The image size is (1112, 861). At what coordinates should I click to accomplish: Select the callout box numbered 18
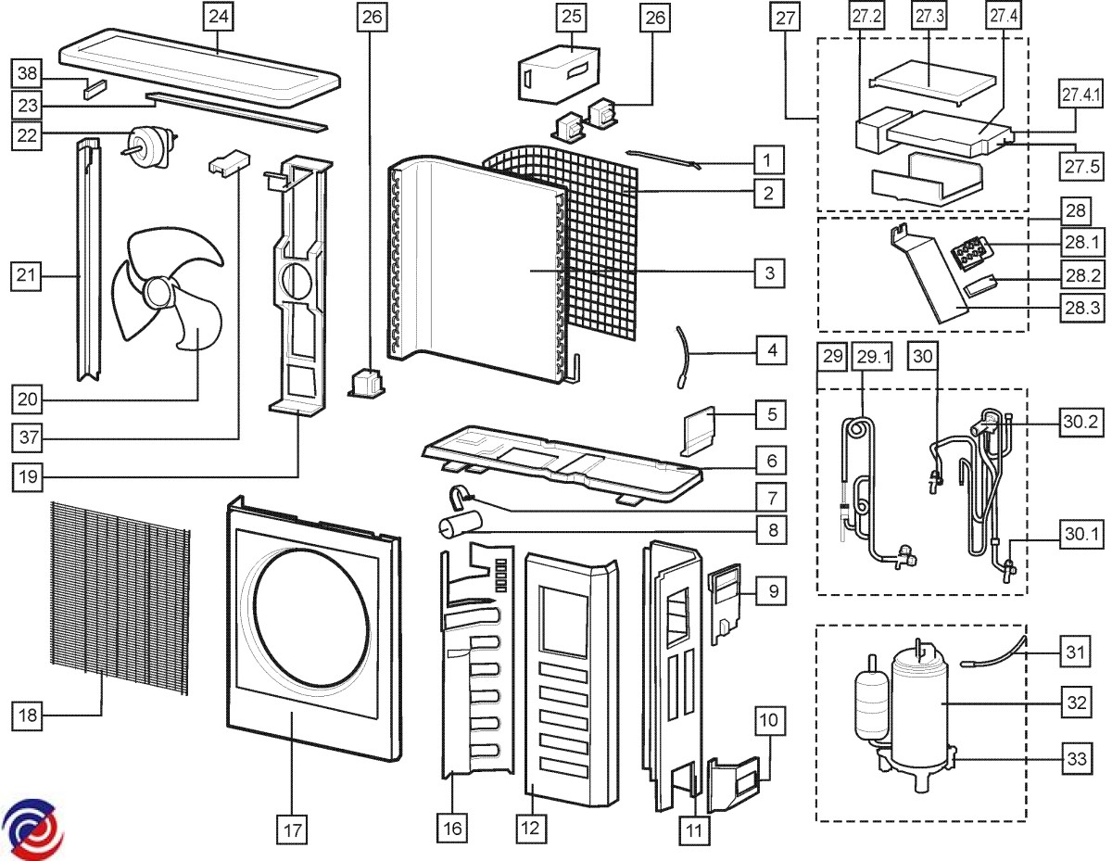click(27, 716)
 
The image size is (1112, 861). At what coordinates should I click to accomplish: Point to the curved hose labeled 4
click(687, 353)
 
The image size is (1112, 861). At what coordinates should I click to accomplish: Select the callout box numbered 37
click(27, 434)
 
